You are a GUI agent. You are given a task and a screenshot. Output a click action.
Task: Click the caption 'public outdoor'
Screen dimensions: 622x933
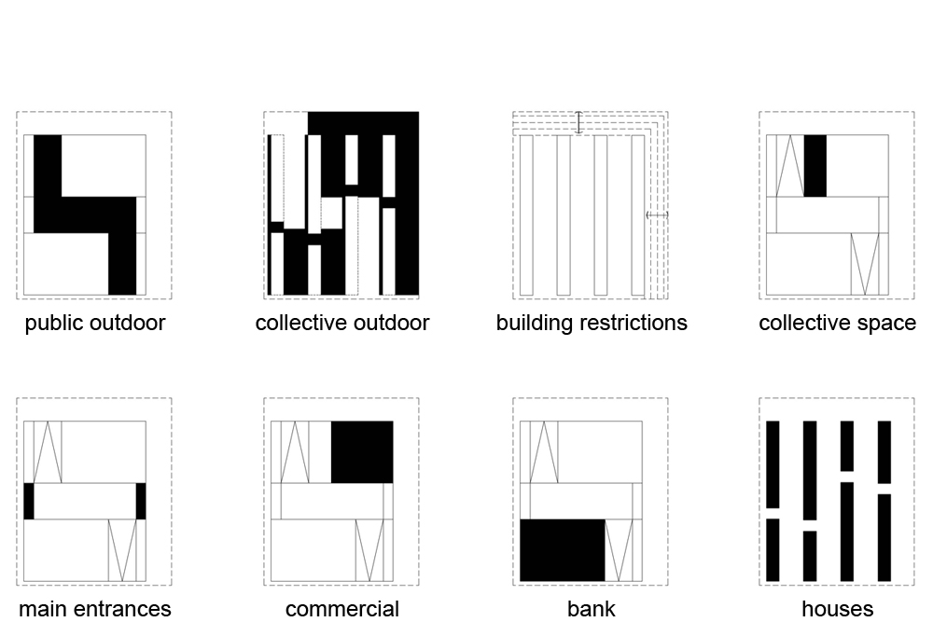click(94, 324)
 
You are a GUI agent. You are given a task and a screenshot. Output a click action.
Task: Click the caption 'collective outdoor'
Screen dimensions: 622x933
click(341, 324)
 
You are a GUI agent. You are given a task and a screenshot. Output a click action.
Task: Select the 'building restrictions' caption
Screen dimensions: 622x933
click(592, 324)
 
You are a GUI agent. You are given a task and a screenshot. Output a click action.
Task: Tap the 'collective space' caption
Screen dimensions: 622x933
click(837, 324)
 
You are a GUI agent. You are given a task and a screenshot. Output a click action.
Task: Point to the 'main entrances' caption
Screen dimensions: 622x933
click(94, 610)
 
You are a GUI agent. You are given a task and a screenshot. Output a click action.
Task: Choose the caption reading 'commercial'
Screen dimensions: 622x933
click(341, 610)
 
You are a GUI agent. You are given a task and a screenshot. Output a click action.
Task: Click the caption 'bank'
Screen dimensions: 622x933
click(592, 610)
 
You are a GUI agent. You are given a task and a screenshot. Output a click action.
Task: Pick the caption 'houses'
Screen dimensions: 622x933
click(837, 610)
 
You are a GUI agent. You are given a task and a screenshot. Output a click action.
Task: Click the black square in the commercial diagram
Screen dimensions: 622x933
click(362, 452)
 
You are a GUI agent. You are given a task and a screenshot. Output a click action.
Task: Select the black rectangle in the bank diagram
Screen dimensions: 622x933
click(562, 550)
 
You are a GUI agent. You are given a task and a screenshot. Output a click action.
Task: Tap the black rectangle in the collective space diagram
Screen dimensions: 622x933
click(815, 166)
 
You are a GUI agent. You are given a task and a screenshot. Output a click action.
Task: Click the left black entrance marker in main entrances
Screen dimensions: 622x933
click(29, 501)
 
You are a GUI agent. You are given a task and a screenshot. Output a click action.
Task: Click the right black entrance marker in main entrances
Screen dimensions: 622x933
click(141, 501)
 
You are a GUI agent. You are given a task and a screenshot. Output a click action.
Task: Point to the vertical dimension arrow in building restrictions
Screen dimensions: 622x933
click(578, 122)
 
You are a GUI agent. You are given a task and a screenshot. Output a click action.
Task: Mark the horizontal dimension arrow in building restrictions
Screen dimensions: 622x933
click(657, 215)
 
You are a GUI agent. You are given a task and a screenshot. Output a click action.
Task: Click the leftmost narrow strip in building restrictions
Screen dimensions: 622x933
click(526, 215)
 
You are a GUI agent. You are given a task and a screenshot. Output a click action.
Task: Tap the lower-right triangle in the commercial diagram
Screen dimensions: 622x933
click(369, 550)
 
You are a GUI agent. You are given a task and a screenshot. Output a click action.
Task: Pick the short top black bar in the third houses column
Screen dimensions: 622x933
click(847, 446)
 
